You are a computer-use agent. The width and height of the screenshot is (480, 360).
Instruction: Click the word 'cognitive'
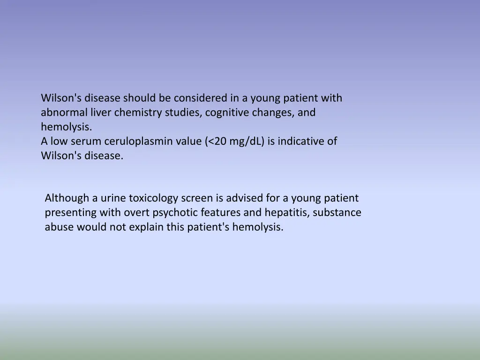tap(225, 112)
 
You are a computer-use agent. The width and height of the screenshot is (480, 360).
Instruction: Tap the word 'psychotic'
tap(175, 213)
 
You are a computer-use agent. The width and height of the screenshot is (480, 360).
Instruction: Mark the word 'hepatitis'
tap(287, 213)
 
